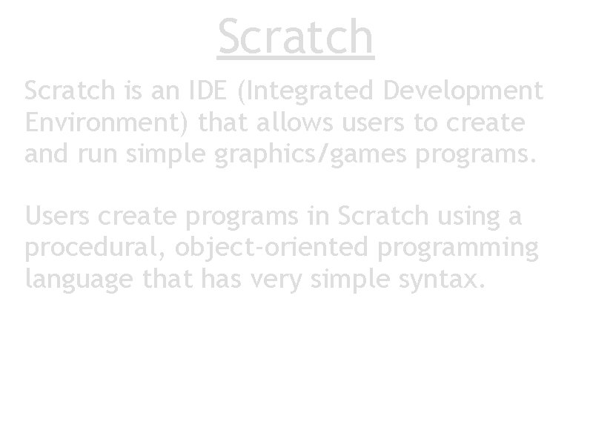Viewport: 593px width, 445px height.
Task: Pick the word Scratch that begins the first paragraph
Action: pyautogui.click(x=67, y=91)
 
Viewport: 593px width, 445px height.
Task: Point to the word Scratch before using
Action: pyautogui.click(x=382, y=217)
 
